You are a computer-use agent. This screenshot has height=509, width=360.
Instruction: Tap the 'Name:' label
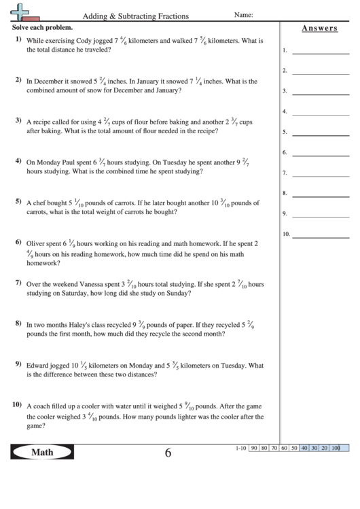[243, 14]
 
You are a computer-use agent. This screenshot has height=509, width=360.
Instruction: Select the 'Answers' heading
[319, 28]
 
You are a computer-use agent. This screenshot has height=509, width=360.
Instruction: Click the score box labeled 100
[336, 449]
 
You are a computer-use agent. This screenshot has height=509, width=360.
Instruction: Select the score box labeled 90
[253, 449]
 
